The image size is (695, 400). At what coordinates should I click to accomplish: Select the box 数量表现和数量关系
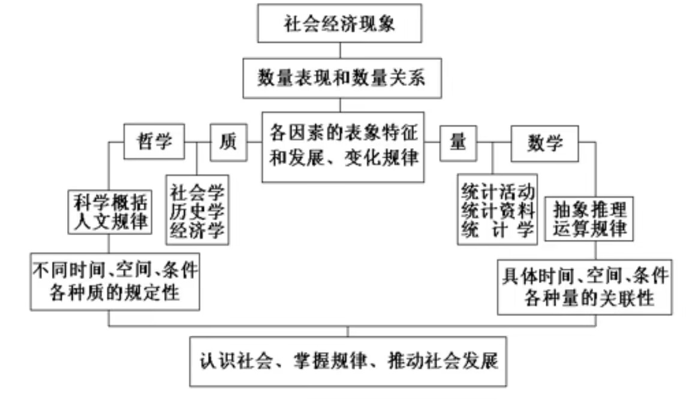341,78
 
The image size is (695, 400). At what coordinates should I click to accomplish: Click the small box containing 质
228,143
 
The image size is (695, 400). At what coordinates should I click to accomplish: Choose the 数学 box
544,142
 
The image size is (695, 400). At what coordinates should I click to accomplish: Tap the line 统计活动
498,193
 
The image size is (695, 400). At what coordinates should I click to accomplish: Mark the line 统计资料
498,210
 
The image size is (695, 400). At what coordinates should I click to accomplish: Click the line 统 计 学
498,229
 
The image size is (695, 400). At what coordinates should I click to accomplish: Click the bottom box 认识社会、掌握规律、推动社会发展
348,362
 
